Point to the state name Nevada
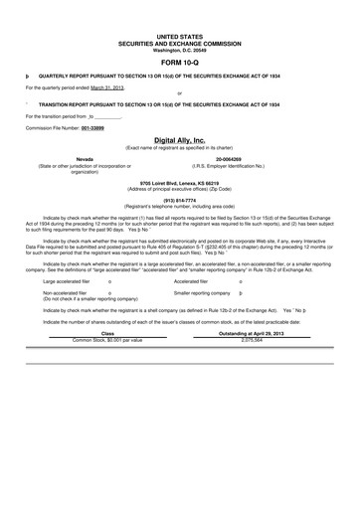pos(85,158)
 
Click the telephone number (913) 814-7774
pos(179,200)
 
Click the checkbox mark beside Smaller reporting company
pos(242,294)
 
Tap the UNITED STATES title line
pos(179,35)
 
